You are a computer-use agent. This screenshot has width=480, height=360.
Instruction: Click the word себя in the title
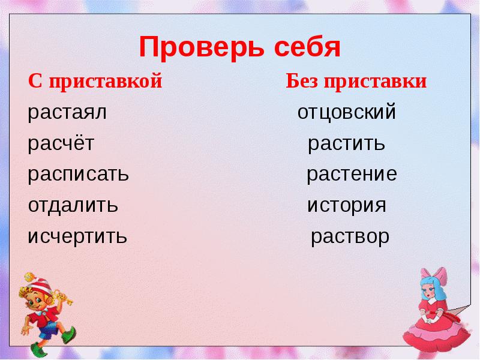coord(307,47)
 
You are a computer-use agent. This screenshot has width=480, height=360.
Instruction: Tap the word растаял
coord(67,113)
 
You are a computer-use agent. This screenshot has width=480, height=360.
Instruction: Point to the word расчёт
coord(61,144)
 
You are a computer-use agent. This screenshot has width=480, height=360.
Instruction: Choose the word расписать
coord(78,175)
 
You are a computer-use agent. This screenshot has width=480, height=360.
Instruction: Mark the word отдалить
coord(73,206)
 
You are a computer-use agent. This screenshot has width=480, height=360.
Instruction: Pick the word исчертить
coord(77,236)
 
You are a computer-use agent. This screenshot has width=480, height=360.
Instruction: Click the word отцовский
coord(347,113)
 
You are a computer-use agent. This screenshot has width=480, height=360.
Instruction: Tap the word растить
coord(346,144)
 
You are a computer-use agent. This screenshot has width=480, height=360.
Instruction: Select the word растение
coord(352,175)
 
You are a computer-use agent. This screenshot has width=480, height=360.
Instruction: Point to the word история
coord(347,206)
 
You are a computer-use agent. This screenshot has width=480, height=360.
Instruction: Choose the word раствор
coord(350,236)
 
